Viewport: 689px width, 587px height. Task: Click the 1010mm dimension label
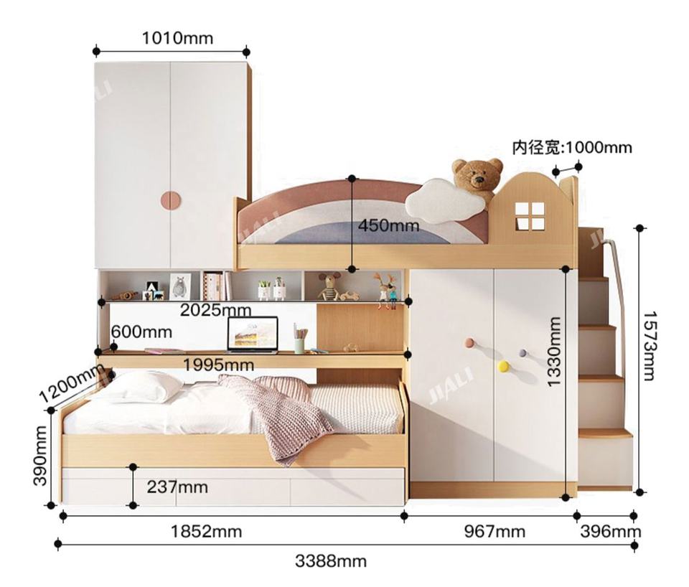[x=177, y=38]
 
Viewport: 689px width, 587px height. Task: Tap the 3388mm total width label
[x=330, y=561]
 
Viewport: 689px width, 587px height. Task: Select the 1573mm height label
[x=649, y=346]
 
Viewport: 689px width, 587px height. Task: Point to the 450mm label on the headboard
[x=388, y=225]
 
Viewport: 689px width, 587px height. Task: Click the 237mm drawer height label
[x=177, y=487]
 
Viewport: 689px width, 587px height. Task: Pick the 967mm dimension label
[x=495, y=532]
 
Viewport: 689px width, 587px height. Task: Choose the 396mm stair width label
[x=610, y=532]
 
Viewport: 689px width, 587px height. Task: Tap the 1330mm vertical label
[x=554, y=352]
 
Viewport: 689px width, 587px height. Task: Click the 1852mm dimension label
[x=206, y=532]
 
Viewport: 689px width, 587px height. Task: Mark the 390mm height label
[x=39, y=456]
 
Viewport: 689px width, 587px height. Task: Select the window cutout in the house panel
[x=530, y=216]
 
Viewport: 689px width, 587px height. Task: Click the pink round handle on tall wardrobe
[x=171, y=202]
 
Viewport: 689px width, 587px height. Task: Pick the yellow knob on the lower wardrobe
[x=504, y=366]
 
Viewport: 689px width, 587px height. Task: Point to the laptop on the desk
[x=253, y=335]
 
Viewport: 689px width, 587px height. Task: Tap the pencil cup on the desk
[x=300, y=339]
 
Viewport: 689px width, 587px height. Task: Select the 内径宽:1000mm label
[x=572, y=148]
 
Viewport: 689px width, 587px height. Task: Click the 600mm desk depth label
[x=141, y=332]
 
